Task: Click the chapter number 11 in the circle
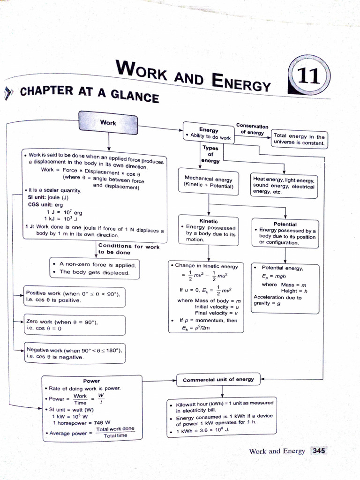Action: coord(310,77)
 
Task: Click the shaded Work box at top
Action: coord(108,122)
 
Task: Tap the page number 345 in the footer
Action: coord(318,450)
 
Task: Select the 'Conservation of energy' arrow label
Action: coord(252,129)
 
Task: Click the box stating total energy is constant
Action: coord(299,139)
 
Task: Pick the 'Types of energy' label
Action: coord(210,154)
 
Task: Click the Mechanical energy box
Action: coord(209,182)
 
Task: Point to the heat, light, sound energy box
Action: coord(284,185)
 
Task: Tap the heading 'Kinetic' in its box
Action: coord(209,221)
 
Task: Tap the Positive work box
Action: coord(74,296)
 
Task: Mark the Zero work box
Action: coord(74,325)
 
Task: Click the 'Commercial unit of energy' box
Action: coord(218,379)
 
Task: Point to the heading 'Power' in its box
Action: coord(91,381)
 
